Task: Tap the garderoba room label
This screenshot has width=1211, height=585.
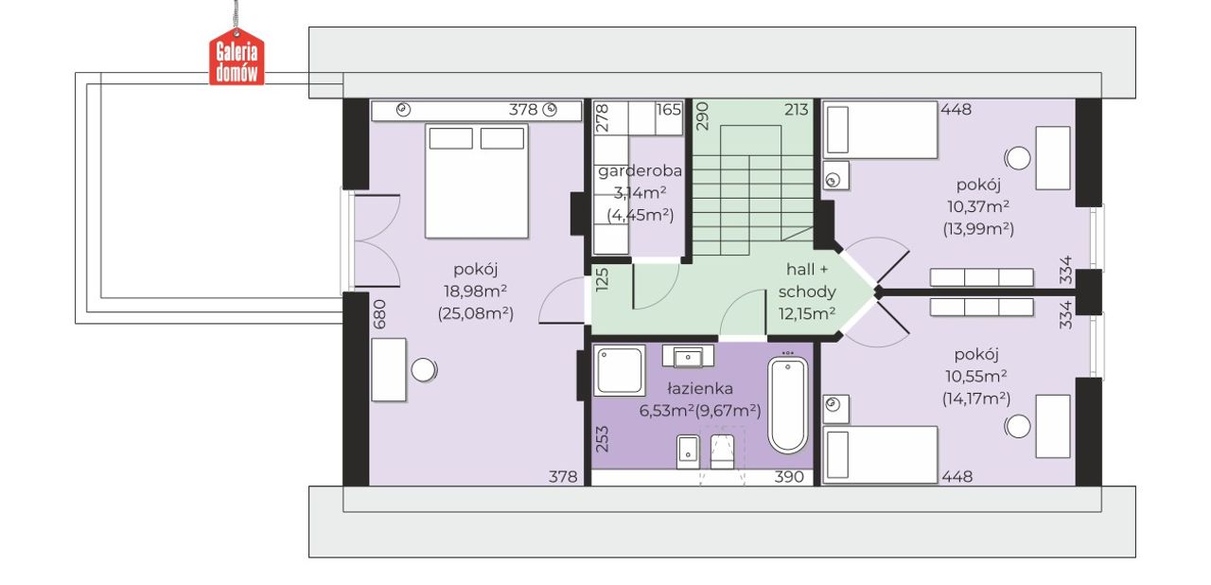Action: click(x=641, y=171)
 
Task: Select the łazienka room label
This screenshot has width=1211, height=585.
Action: click(x=700, y=388)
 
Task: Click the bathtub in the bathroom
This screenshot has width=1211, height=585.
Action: click(x=788, y=404)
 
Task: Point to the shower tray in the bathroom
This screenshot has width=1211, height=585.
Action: click(x=620, y=371)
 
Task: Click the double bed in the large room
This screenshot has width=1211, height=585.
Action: click(x=476, y=181)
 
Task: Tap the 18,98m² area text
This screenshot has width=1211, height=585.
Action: click(x=475, y=292)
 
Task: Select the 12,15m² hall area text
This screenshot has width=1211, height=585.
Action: click(x=807, y=313)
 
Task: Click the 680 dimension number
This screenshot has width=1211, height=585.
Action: click(x=380, y=314)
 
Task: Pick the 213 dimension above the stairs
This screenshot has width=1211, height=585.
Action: click(x=797, y=110)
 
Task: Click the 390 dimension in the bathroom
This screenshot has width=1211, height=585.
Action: click(x=789, y=476)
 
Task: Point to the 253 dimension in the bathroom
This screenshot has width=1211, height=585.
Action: click(x=603, y=439)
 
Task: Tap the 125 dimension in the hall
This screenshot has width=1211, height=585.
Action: click(x=603, y=280)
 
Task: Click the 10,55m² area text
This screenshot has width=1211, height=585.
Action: click(x=975, y=377)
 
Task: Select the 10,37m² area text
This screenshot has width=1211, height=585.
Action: click(x=978, y=206)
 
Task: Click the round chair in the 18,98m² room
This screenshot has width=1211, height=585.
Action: click(x=424, y=370)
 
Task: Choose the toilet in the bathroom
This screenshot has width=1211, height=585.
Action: click(x=722, y=451)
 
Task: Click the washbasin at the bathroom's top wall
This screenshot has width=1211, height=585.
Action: click(x=688, y=357)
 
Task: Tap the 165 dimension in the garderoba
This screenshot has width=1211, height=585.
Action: click(x=669, y=110)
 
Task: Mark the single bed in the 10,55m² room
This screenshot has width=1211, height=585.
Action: click(x=880, y=454)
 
